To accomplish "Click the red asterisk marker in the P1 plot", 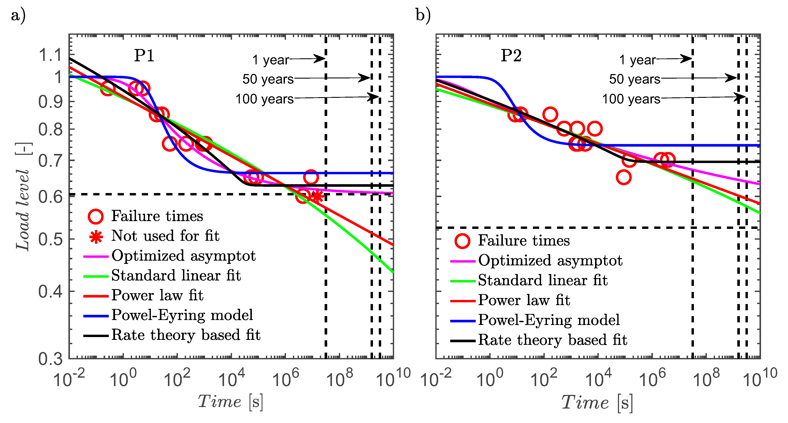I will [x=317, y=196].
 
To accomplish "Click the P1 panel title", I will [x=144, y=56].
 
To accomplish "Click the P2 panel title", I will [x=511, y=56].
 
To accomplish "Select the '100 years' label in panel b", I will [x=631, y=99].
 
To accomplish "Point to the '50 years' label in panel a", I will [x=268, y=79].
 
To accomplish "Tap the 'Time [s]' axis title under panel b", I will [x=597, y=402].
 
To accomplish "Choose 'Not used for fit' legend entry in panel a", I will [x=165, y=236].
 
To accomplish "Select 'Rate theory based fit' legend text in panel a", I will [x=186, y=335].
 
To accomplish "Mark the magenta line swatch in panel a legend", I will [x=96, y=256].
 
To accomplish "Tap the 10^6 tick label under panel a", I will [x=285, y=379].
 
